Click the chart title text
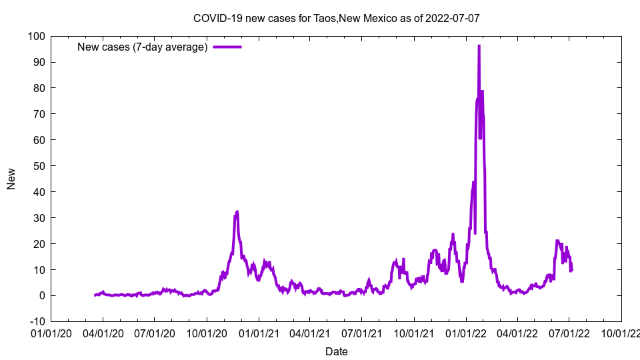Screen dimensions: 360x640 (336, 18)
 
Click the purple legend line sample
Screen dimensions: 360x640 (227, 47)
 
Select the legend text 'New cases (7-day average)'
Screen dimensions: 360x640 (143, 47)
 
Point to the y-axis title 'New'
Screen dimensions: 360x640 (11, 179)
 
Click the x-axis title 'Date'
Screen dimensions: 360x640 (336, 351)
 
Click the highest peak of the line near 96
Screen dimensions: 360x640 (479, 45)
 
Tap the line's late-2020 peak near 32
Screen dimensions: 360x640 (237, 211)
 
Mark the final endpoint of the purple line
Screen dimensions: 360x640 (572, 270)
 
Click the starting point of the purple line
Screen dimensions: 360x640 (95, 295)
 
